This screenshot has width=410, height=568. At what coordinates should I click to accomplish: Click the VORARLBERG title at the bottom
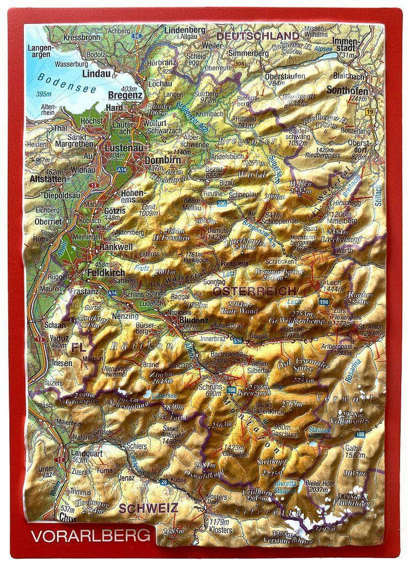91,536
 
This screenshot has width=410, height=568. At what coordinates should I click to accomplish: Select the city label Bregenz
124,96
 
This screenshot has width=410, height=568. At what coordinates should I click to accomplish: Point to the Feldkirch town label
106,273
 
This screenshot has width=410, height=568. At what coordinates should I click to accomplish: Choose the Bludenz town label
194,320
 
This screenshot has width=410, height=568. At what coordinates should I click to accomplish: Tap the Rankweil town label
117,248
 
